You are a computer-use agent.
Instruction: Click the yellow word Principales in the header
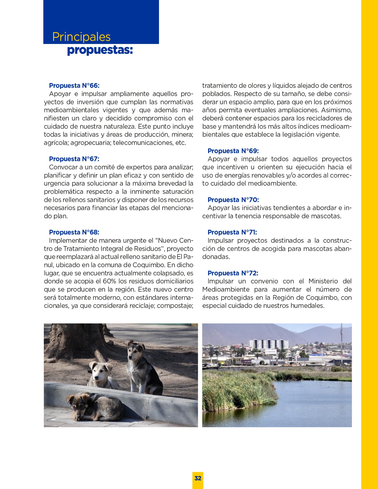click(x=81, y=37)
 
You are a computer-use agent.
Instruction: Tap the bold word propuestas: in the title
click(x=100, y=50)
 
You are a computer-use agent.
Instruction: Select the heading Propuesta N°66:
click(x=74, y=86)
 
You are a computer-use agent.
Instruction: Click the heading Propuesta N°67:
click(x=74, y=159)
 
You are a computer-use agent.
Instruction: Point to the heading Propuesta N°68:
click(x=74, y=232)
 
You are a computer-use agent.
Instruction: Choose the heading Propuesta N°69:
click(x=233, y=151)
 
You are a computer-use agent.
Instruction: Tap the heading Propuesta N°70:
click(x=233, y=200)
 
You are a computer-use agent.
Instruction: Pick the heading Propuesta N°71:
click(x=232, y=232)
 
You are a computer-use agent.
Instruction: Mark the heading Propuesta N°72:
click(x=233, y=273)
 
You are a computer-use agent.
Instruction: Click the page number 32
click(x=198, y=478)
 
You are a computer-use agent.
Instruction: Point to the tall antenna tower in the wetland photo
click(x=341, y=341)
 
